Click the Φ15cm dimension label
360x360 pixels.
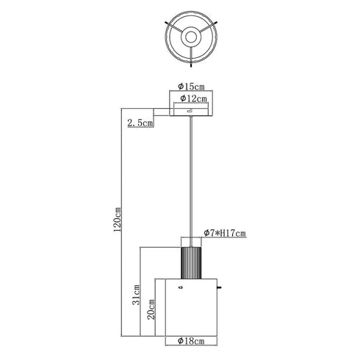191,86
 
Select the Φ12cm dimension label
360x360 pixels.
193,98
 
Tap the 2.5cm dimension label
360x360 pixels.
140,123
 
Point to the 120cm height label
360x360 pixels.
118,220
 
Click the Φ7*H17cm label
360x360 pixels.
225,233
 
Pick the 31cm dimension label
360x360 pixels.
136,295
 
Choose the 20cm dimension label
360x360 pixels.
151,309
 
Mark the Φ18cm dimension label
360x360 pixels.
191,341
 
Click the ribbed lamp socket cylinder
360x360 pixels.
191,263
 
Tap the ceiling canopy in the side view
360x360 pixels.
191,112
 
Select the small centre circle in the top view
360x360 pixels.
191,37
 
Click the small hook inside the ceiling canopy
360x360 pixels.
190,111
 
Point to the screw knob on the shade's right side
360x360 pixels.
220,287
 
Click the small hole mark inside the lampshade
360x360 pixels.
181,287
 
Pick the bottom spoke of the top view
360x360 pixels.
191,57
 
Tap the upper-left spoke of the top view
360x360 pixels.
174,27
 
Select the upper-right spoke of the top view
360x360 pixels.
208,27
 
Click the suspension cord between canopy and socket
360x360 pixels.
191,181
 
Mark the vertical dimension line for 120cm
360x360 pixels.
122,222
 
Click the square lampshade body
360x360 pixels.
191,307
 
